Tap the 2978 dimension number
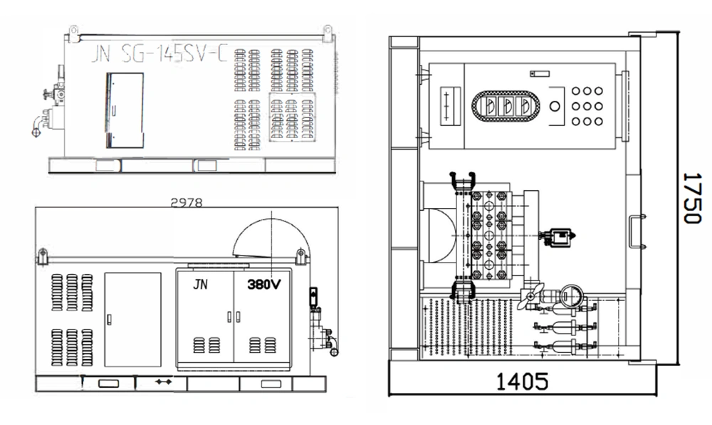[187, 202]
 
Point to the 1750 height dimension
[690, 197]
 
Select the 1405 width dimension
[522, 382]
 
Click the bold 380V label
[264, 283]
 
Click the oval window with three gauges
[506, 106]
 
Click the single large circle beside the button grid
[555, 106]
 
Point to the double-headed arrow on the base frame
[163, 383]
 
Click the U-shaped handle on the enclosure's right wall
[636, 231]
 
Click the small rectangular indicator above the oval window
[535, 74]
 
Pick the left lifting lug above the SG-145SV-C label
[73, 31]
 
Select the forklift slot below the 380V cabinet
[267, 384]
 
